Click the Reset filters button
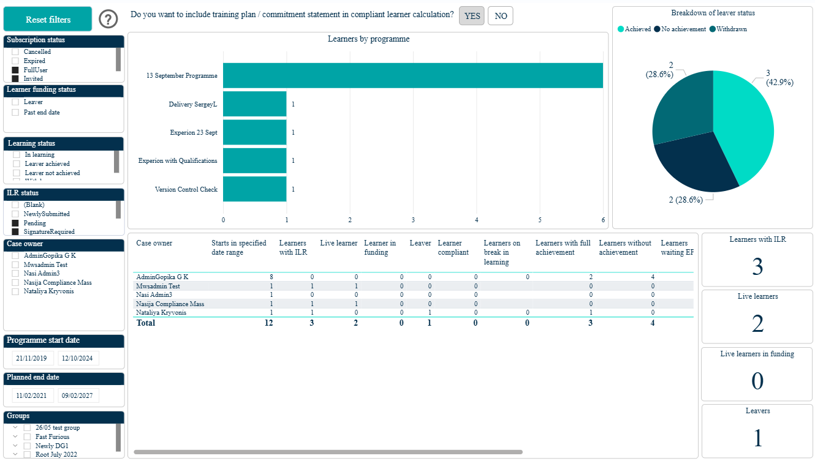[48, 19]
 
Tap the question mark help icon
[108, 19]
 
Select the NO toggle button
[500, 16]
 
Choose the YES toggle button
[472, 16]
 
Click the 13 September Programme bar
[413, 76]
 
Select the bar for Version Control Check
[255, 189]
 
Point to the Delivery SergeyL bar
[255, 104]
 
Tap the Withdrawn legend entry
[729, 29]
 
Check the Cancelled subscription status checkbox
[15, 51]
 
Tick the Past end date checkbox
[15, 112]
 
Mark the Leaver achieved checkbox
[17, 163]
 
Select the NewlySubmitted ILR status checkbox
[15, 214]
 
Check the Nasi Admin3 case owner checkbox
[15, 274]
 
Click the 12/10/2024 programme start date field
[77, 358]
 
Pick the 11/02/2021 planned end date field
[32, 395]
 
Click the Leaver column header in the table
[420, 243]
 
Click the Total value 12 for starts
[268, 323]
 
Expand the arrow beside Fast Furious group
[15, 437]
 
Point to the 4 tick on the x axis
[477, 220]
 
